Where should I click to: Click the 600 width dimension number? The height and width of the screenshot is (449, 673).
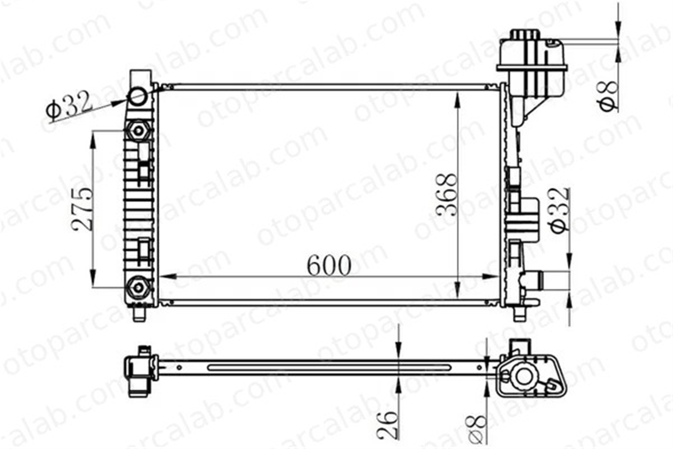pyautogui.click(x=329, y=265)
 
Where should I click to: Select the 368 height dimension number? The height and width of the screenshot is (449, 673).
pyautogui.click(x=447, y=194)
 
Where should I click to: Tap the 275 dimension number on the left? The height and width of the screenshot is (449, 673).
pyautogui.click(x=82, y=209)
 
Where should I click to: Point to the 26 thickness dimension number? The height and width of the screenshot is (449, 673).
pyautogui.click(x=388, y=425)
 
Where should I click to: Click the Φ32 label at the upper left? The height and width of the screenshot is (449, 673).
pyautogui.click(x=69, y=106)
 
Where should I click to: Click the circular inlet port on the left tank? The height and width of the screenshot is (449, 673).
pyautogui.click(x=137, y=96)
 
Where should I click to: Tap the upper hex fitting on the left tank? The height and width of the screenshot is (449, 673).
pyautogui.click(x=138, y=130)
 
